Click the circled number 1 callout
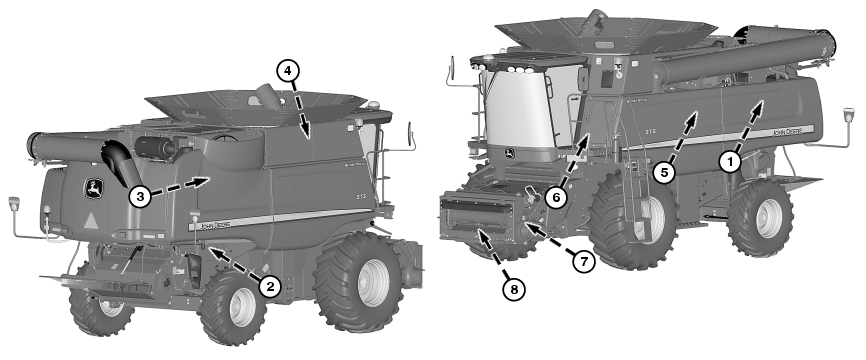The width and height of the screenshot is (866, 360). click(x=731, y=158)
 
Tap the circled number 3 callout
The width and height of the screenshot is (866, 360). click(x=141, y=196)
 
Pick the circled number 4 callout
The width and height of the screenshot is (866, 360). click(x=286, y=71)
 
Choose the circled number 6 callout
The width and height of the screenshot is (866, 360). click(x=557, y=197)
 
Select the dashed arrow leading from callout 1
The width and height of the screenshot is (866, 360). click(x=750, y=125)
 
